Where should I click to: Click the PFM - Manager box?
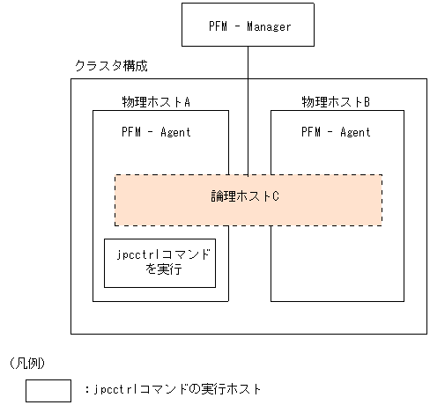point(248,25)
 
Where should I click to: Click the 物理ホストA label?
point(156,102)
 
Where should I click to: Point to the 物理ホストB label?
point(335,102)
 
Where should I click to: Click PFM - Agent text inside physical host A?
point(156,133)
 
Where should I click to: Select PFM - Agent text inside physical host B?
point(336,133)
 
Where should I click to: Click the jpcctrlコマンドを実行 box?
point(159,262)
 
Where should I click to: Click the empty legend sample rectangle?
point(48,388)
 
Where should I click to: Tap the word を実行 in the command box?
point(159,270)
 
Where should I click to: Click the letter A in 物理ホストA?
point(187,102)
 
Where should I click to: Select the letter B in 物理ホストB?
point(367,102)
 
